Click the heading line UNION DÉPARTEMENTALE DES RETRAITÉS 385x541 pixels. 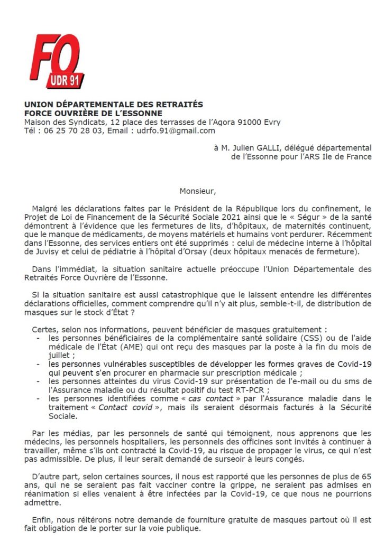(x=113, y=105)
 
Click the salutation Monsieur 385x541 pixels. (x=198, y=191)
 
